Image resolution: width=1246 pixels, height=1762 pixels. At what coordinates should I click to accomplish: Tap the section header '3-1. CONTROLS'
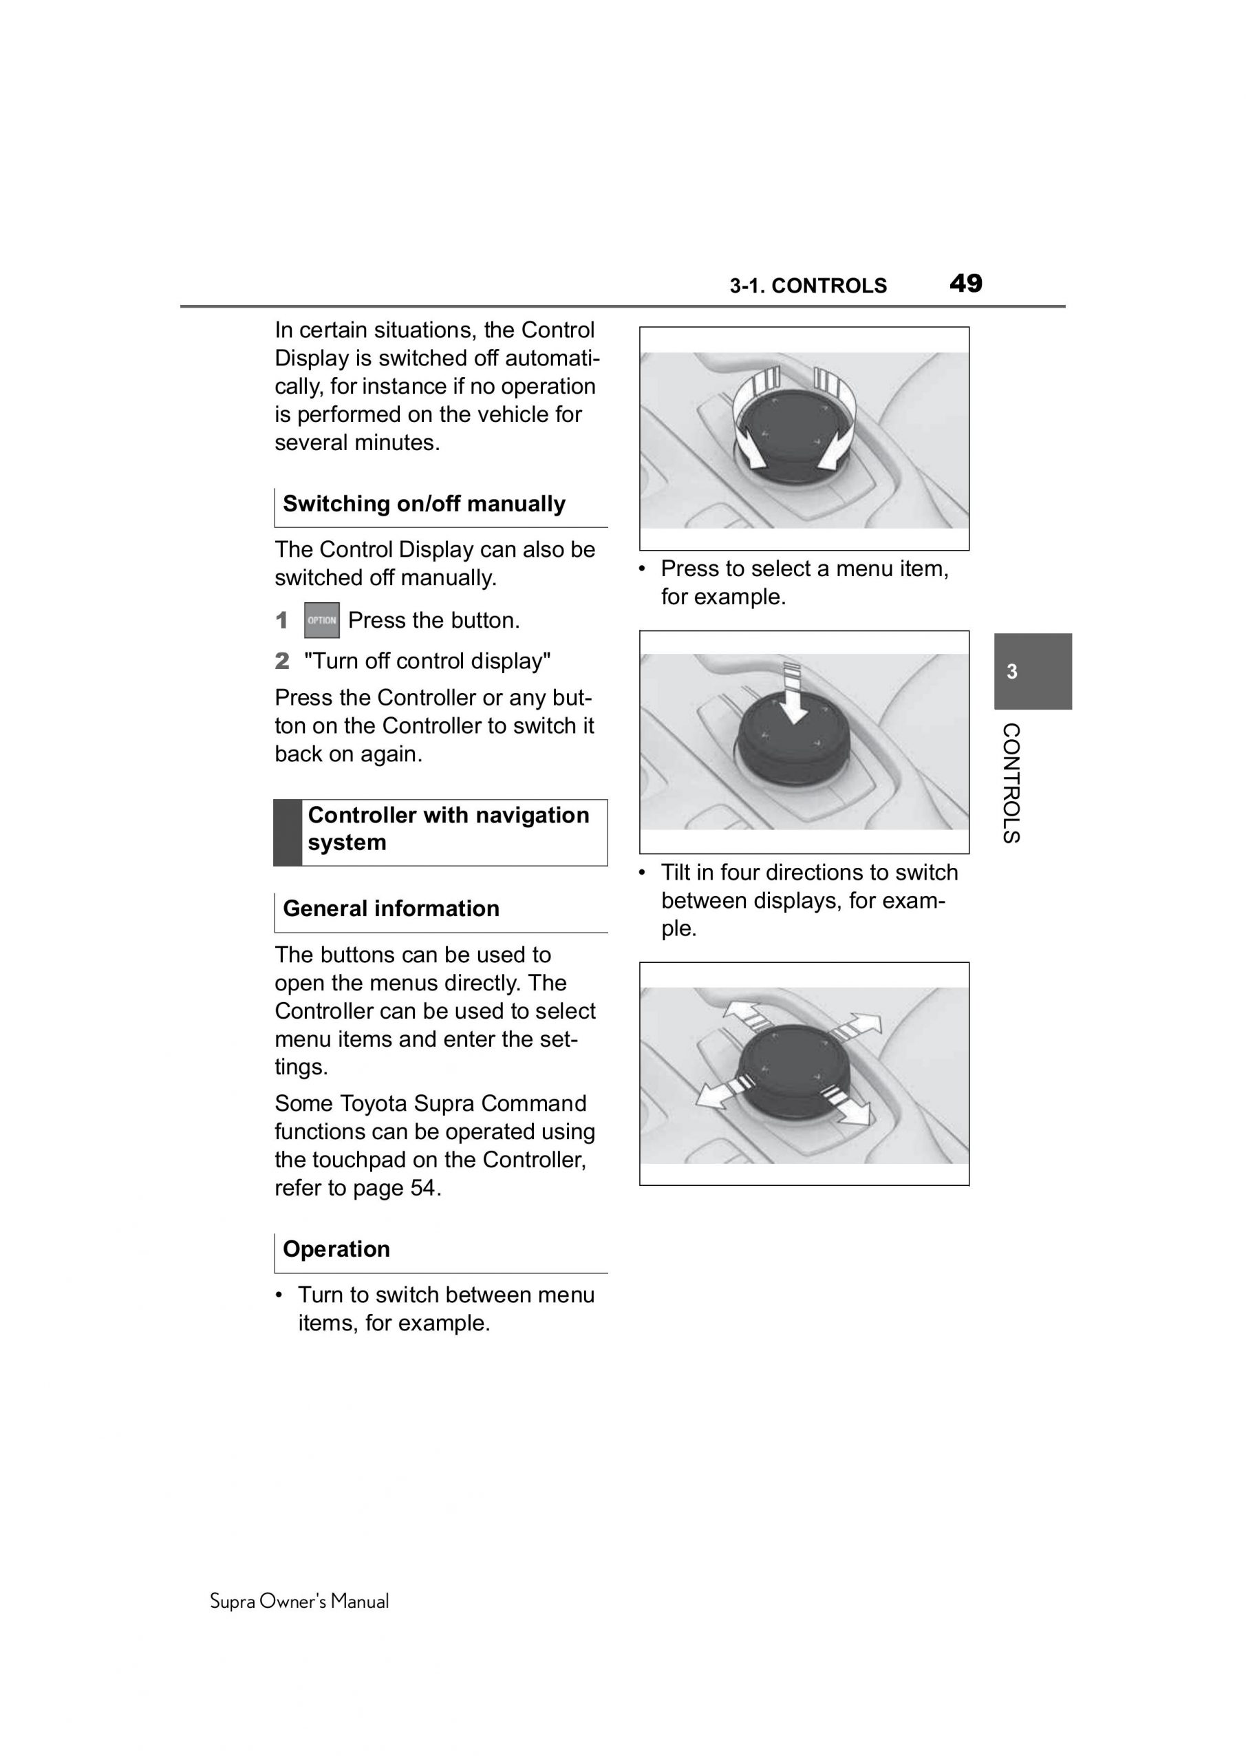pyautogui.click(x=808, y=286)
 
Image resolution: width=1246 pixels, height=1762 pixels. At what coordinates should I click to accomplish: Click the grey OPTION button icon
pyautogui.click(x=321, y=620)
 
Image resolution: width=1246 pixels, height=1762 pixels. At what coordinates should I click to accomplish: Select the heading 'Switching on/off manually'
pyautogui.click(x=424, y=505)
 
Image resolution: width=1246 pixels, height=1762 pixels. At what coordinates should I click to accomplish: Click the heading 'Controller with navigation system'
pyautogui.click(x=448, y=829)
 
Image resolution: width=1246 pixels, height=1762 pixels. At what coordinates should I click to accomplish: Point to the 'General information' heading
pyautogui.click(x=391, y=909)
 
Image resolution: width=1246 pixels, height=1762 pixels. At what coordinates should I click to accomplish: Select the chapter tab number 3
pyautogui.click(x=1012, y=672)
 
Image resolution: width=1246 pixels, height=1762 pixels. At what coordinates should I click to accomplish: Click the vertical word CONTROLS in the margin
pyautogui.click(x=1011, y=783)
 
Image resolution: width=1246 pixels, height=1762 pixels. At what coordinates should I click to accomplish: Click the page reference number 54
pyautogui.click(x=422, y=1188)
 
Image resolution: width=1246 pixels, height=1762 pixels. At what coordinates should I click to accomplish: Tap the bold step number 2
pyautogui.click(x=282, y=661)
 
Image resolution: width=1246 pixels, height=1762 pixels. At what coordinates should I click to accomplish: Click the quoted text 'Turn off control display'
pyautogui.click(x=427, y=661)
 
